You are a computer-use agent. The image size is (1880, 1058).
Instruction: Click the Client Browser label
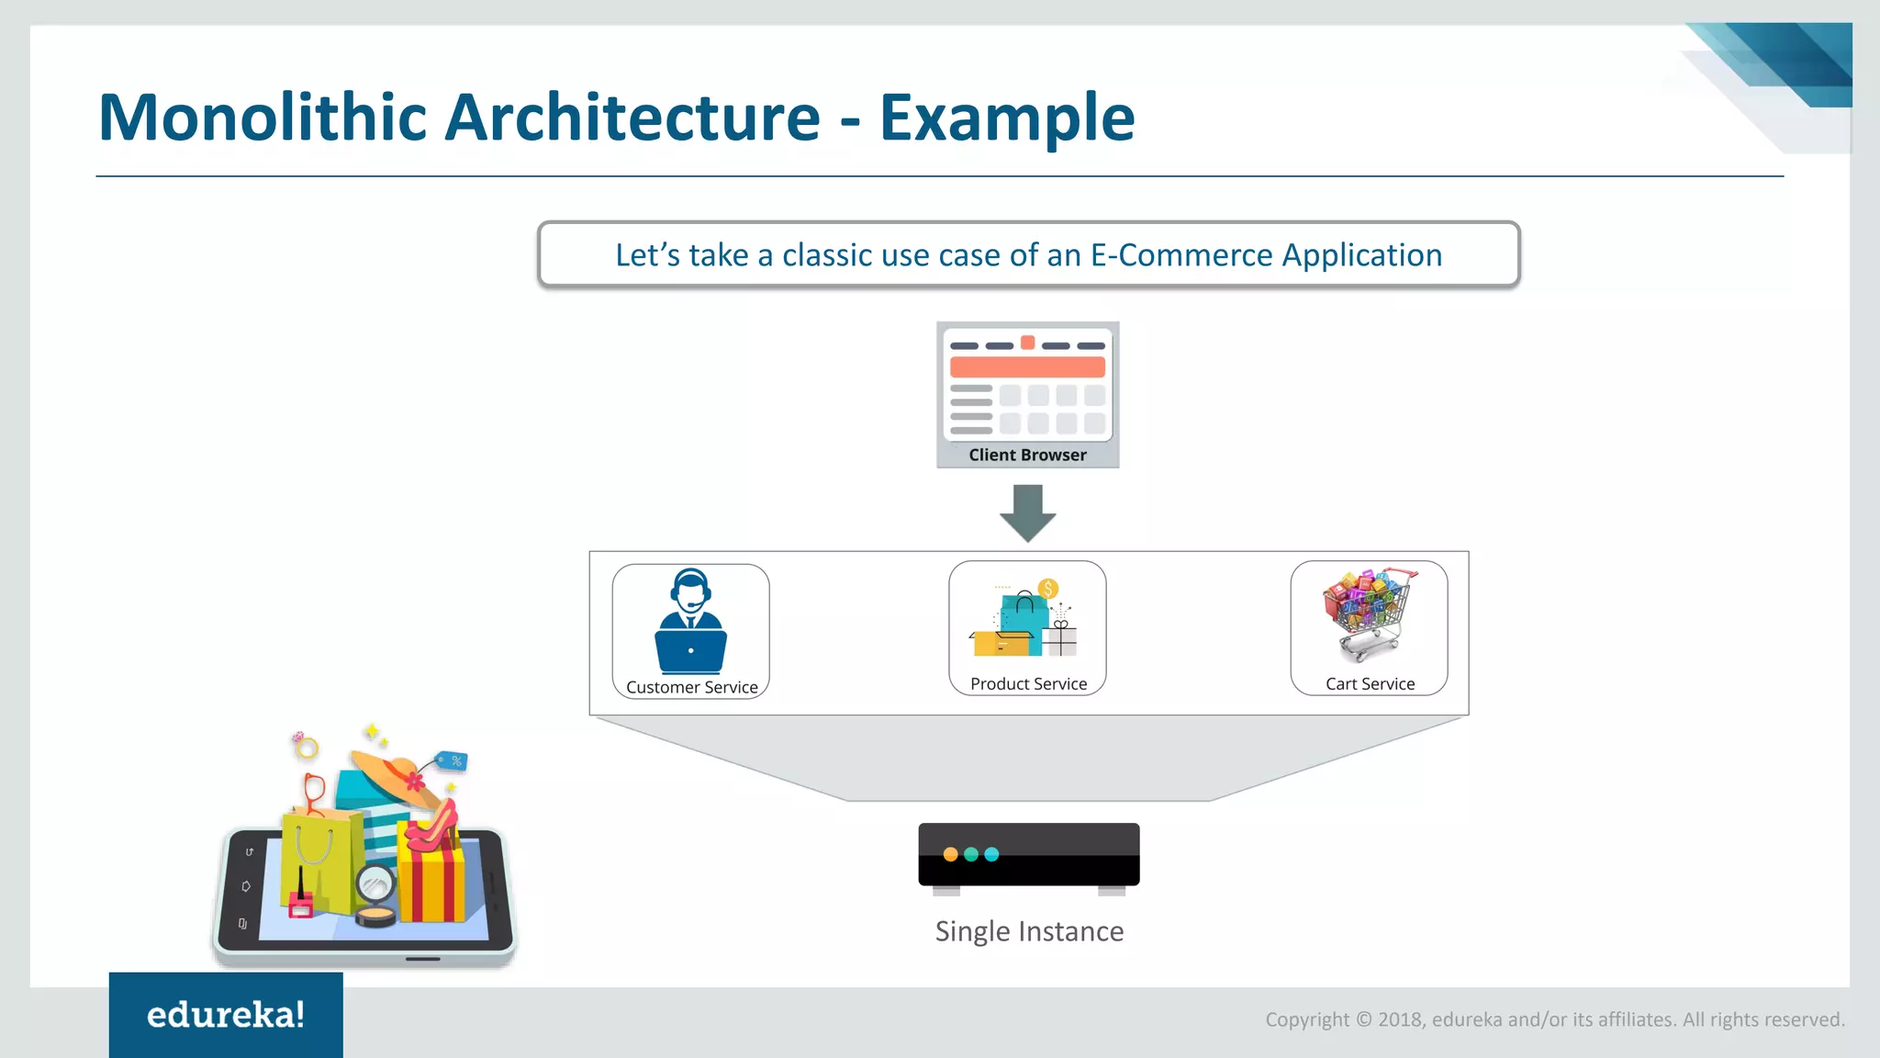click(x=1027, y=455)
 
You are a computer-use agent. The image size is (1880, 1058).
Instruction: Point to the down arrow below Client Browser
click(x=1027, y=512)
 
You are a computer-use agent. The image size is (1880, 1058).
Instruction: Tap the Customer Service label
click(x=691, y=687)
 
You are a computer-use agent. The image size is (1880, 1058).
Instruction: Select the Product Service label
click(x=1028, y=683)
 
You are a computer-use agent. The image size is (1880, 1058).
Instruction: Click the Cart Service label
click(x=1370, y=683)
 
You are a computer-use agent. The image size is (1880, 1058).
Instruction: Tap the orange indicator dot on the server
click(x=950, y=854)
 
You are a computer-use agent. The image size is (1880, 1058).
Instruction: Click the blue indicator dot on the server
click(x=991, y=854)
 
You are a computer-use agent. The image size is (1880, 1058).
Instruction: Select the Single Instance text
click(x=1029, y=931)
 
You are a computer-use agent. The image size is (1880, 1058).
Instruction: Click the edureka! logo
click(x=226, y=1015)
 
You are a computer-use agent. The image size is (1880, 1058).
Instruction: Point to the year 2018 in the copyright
click(x=1399, y=1019)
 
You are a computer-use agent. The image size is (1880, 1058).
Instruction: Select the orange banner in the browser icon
click(x=1027, y=367)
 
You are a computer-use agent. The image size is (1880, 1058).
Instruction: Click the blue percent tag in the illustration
click(x=453, y=760)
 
